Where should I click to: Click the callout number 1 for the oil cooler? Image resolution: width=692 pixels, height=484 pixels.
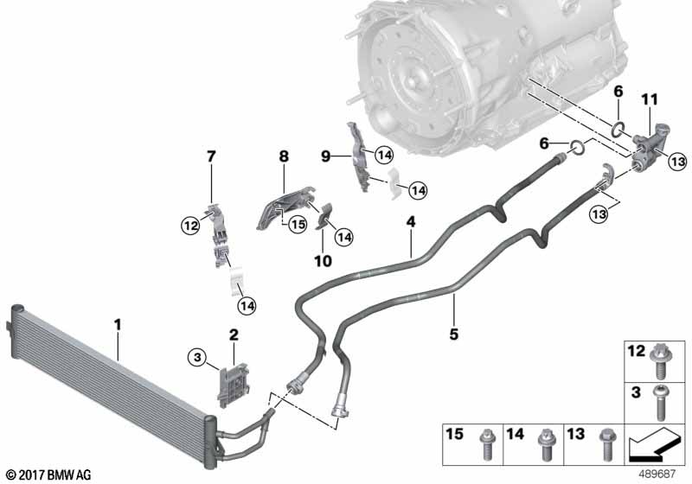[119, 326]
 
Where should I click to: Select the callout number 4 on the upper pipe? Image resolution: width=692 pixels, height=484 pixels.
[412, 223]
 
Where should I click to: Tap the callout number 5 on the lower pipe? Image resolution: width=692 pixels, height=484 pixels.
[452, 331]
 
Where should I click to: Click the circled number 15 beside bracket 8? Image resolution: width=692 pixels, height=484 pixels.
[298, 224]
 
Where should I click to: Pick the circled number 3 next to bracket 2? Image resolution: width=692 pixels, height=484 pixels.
[198, 357]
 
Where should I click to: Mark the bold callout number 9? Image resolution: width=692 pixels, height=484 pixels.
[326, 156]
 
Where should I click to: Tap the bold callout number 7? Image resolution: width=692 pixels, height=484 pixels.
[210, 156]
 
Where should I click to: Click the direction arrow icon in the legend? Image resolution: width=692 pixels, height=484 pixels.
[656, 446]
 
